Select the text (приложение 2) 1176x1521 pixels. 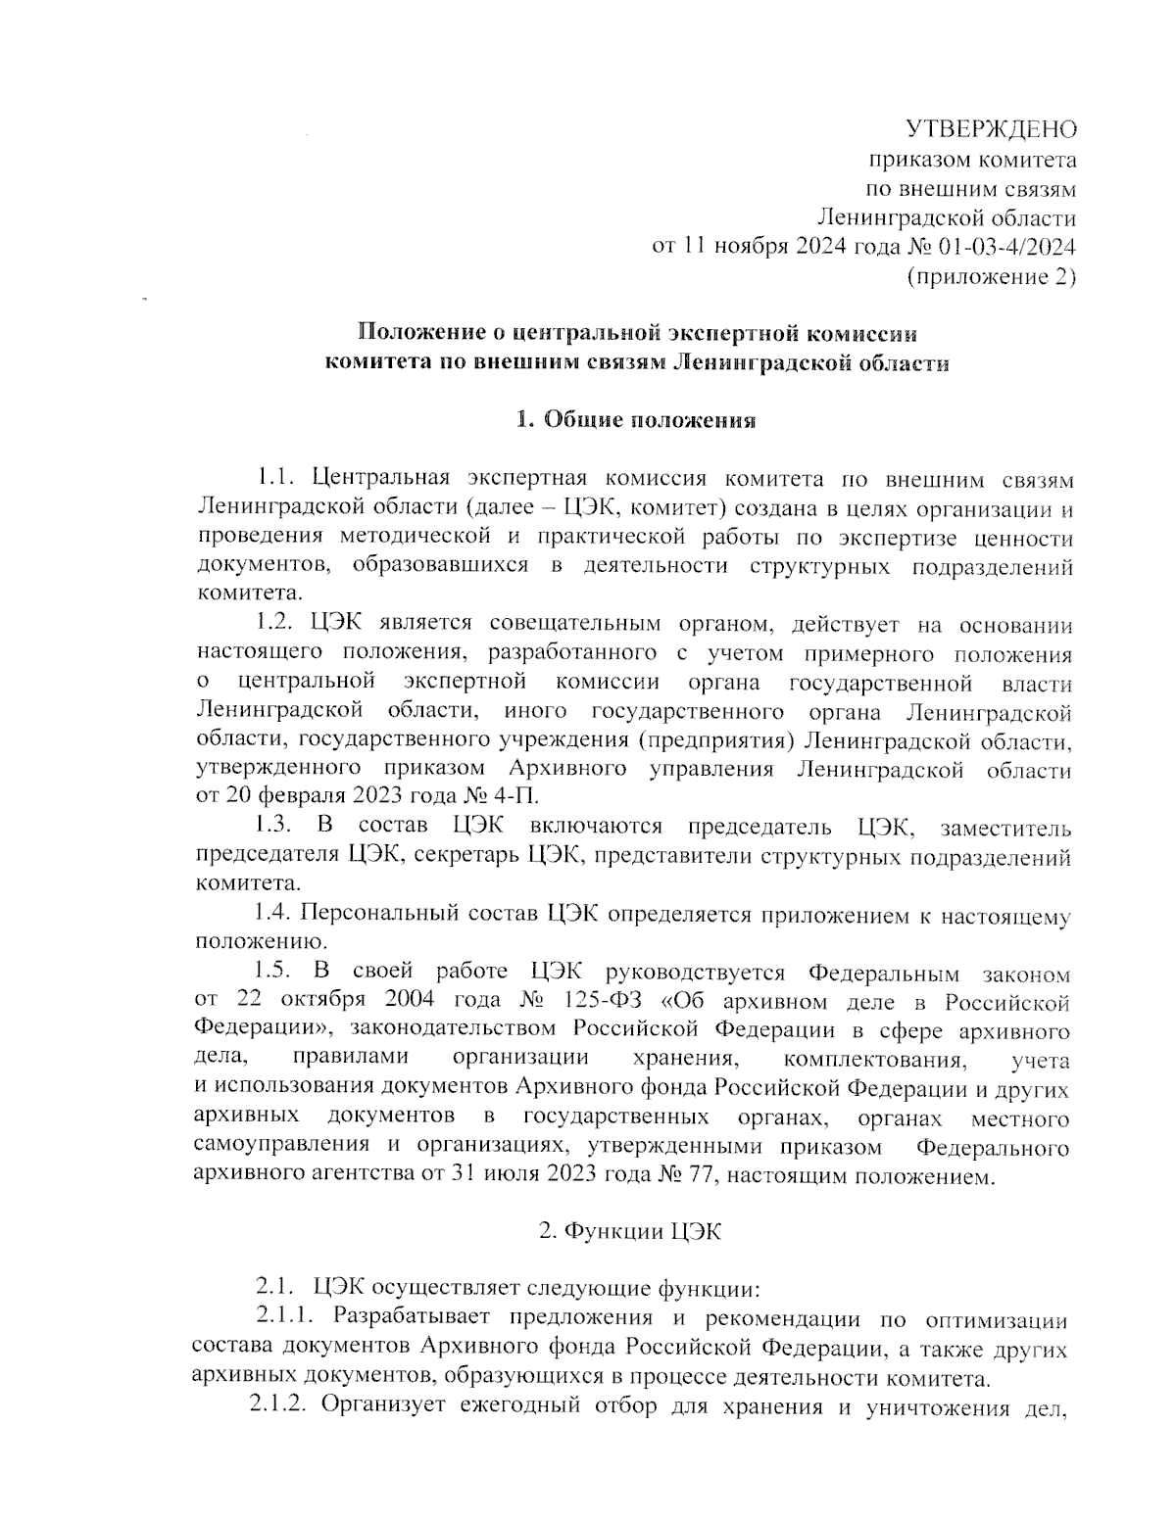[x=992, y=277]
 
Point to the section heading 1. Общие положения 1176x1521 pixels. [x=636, y=421]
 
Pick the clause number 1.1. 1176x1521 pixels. [x=275, y=479]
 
